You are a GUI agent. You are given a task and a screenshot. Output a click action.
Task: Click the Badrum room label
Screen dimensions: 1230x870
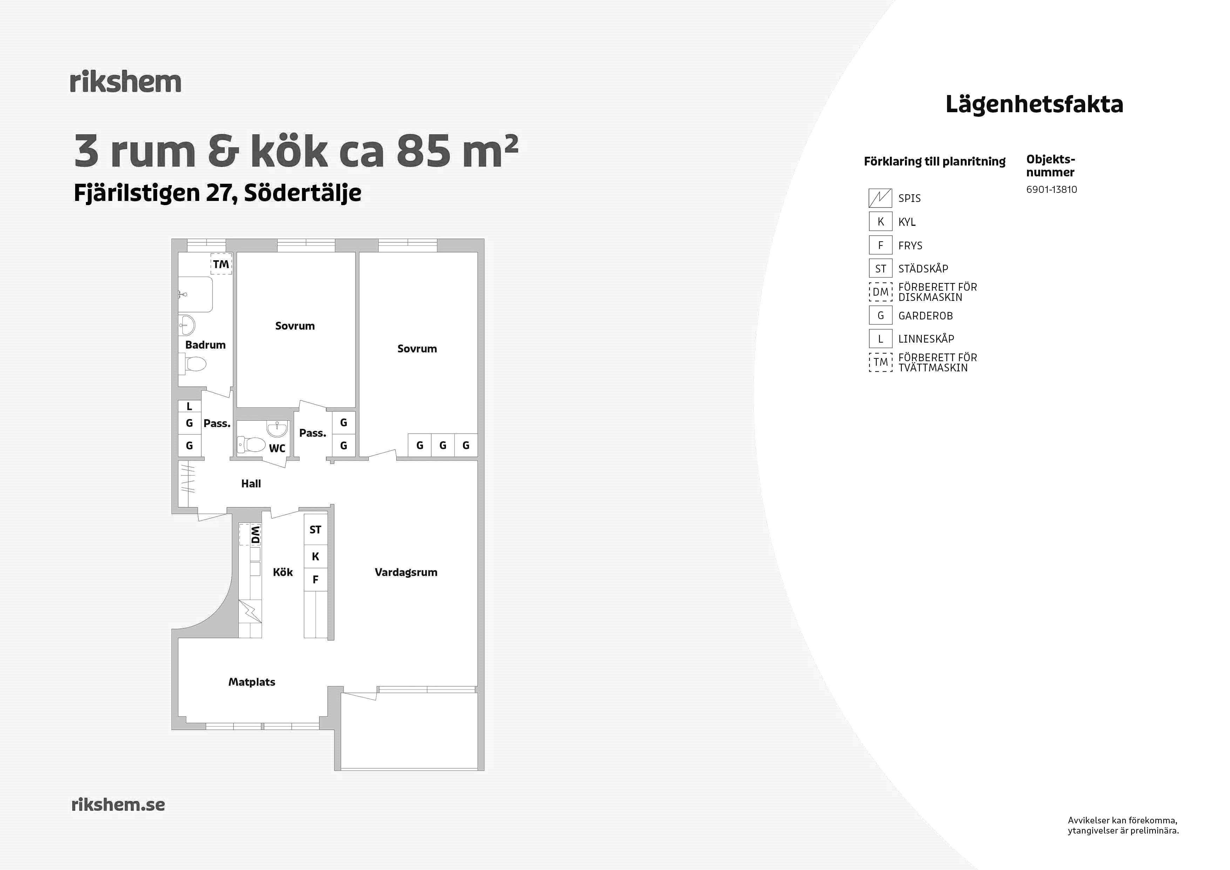point(205,345)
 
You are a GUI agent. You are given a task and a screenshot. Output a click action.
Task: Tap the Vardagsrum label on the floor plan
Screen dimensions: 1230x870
point(406,573)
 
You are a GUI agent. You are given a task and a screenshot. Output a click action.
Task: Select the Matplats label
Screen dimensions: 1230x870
point(252,682)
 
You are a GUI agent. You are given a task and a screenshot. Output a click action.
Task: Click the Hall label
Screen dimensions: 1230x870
point(251,484)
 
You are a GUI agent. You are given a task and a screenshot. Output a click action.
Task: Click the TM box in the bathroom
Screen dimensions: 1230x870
point(221,264)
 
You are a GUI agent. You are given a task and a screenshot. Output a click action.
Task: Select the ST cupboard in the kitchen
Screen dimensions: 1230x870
point(316,529)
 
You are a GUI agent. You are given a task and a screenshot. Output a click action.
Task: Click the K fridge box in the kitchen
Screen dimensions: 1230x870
point(316,557)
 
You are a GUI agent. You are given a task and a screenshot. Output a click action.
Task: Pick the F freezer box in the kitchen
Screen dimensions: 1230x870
point(316,580)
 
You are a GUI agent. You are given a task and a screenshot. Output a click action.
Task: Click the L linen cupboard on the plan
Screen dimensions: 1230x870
point(189,407)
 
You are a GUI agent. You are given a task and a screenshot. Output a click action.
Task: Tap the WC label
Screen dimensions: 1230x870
point(277,449)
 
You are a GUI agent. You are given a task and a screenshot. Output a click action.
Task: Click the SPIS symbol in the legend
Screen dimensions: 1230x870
point(880,198)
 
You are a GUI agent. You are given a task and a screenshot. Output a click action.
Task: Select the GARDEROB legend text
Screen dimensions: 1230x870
point(925,316)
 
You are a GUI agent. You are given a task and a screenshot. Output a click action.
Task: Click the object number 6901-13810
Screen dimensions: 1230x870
point(1051,190)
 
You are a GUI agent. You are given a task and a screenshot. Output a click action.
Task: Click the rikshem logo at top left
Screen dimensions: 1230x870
point(126,82)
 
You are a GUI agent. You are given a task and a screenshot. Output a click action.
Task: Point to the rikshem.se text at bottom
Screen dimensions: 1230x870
point(118,805)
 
